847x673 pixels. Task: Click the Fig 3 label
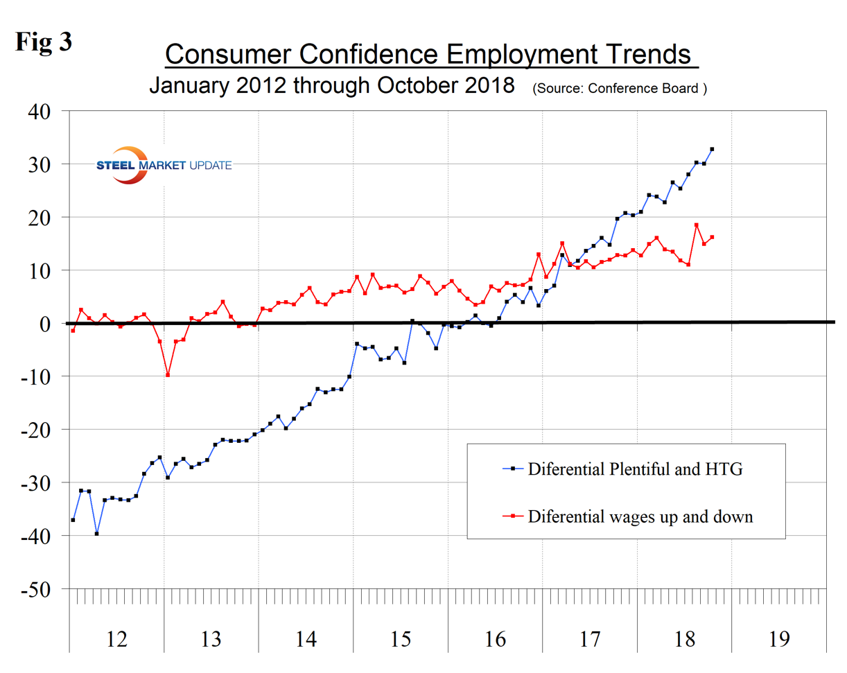[x=43, y=40]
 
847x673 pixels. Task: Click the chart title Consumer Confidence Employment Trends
[x=430, y=55]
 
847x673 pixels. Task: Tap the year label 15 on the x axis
[x=401, y=638]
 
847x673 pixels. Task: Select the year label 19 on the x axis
[x=779, y=638]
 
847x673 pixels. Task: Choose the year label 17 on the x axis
[x=590, y=638]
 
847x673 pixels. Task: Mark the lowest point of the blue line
[x=96, y=534]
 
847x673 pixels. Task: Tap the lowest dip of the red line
[x=168, y=375]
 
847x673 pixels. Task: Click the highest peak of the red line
[x=696, y=225]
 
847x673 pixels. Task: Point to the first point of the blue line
[x=73, y=520]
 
